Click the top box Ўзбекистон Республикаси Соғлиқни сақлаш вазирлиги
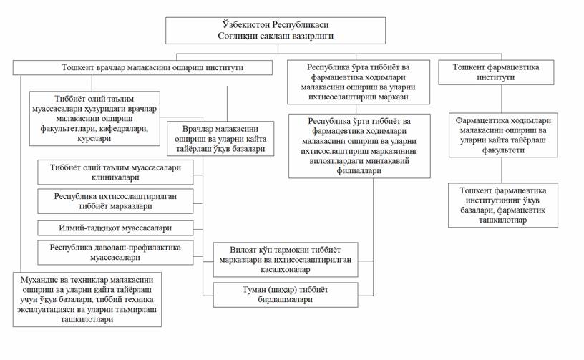click(x=276, y=30)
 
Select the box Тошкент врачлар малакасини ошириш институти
click(x=142, y=67)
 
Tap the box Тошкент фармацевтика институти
click(x=496, y=72)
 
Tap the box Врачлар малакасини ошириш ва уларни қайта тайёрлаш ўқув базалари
click(x=220, y=139)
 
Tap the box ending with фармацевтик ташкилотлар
click(x=503, y=205)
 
